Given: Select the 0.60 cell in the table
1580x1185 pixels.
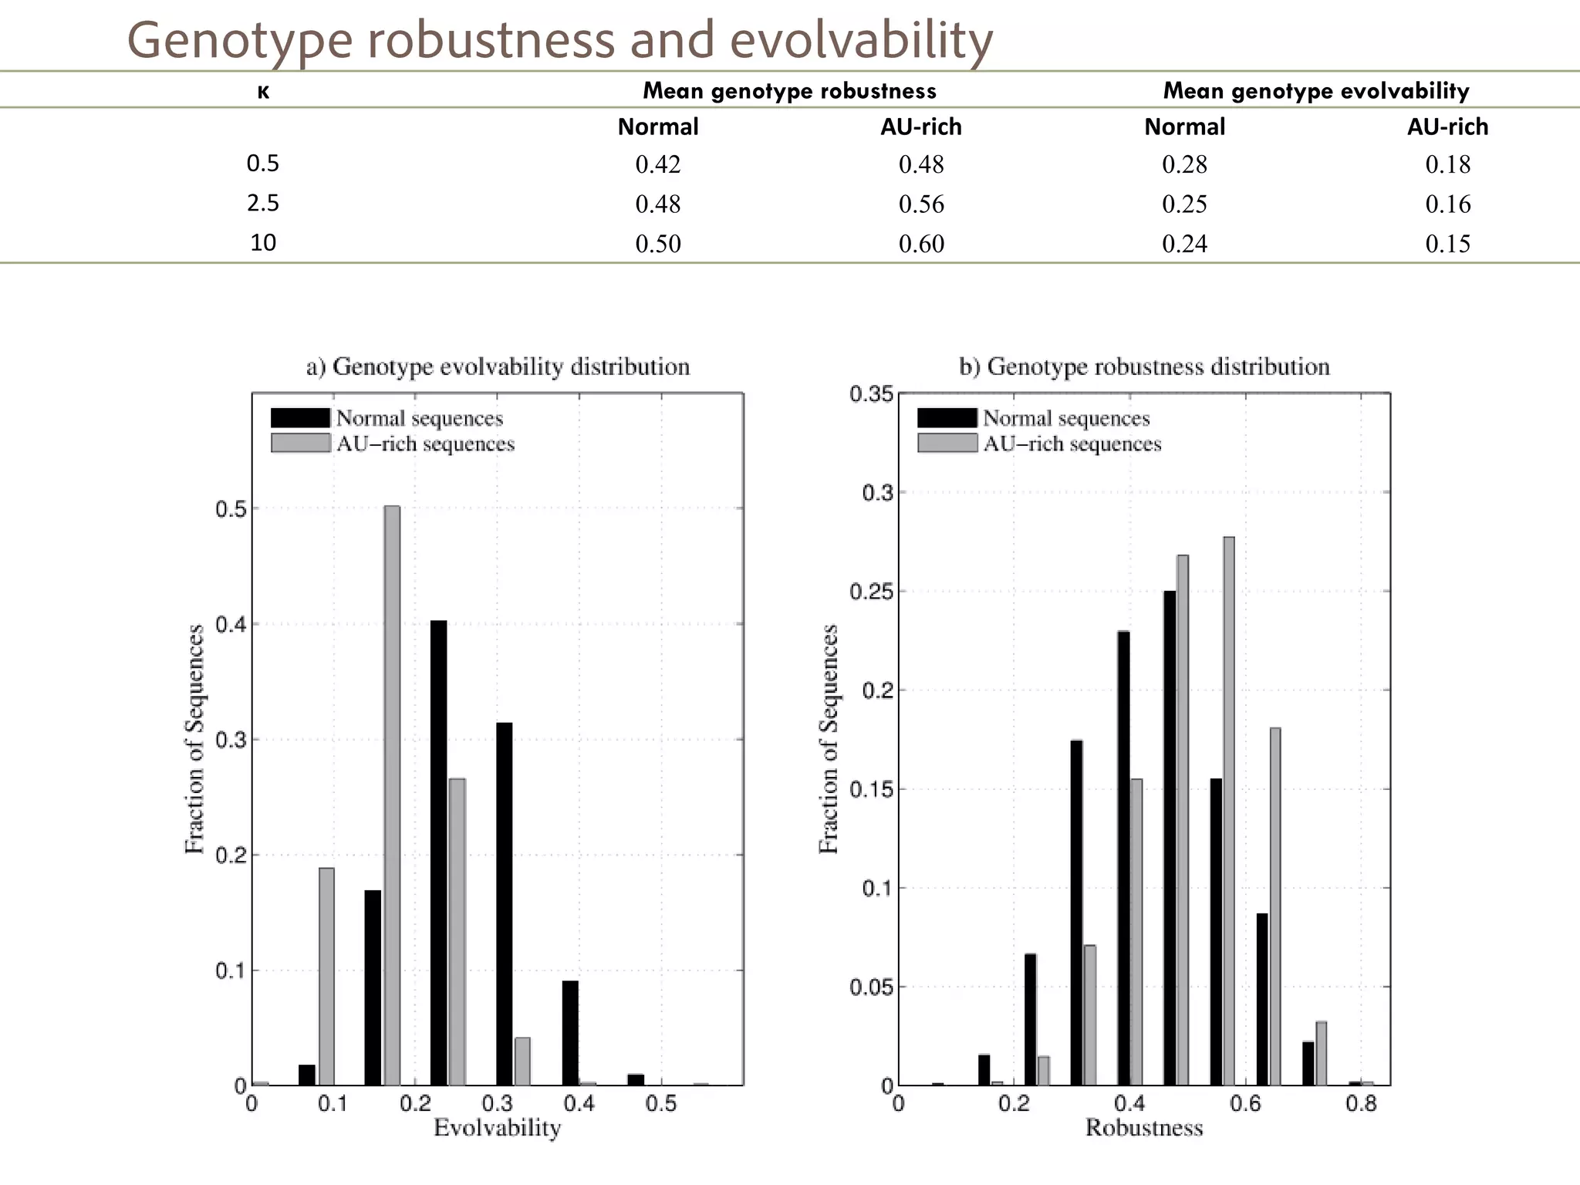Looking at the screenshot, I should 921,244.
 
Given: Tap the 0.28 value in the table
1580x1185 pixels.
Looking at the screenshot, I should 1184,164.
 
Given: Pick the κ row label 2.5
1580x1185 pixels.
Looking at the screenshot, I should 263,203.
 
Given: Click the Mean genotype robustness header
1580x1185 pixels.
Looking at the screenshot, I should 789,91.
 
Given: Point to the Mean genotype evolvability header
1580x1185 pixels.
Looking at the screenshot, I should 1315,91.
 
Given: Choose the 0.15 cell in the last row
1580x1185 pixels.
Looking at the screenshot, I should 1447,244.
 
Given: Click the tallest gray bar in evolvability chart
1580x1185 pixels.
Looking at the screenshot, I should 392,795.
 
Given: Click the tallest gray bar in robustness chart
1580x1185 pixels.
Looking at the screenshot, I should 1229,810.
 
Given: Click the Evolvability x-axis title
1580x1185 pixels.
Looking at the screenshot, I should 497,1128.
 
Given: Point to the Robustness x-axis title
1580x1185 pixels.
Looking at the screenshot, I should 1144,1128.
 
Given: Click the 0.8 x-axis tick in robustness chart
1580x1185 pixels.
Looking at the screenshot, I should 1361,1104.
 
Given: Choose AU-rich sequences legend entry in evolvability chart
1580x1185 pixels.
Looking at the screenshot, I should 424,444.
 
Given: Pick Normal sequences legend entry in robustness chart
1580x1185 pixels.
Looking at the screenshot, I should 1065,418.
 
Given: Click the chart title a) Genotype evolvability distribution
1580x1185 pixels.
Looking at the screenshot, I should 498,366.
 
